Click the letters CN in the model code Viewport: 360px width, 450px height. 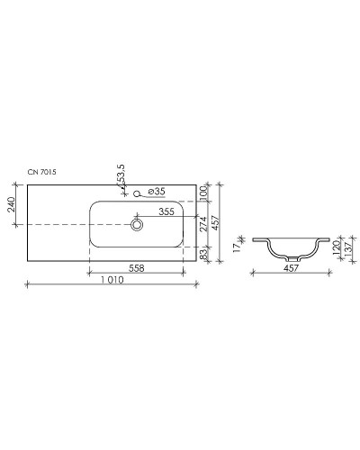31,170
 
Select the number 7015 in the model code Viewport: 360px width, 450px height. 49,170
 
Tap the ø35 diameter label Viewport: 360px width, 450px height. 156,192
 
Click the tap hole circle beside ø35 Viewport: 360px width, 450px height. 138,192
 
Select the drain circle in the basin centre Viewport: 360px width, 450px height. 138,223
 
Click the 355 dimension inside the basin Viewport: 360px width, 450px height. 166,213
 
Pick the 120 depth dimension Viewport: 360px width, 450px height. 336,247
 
